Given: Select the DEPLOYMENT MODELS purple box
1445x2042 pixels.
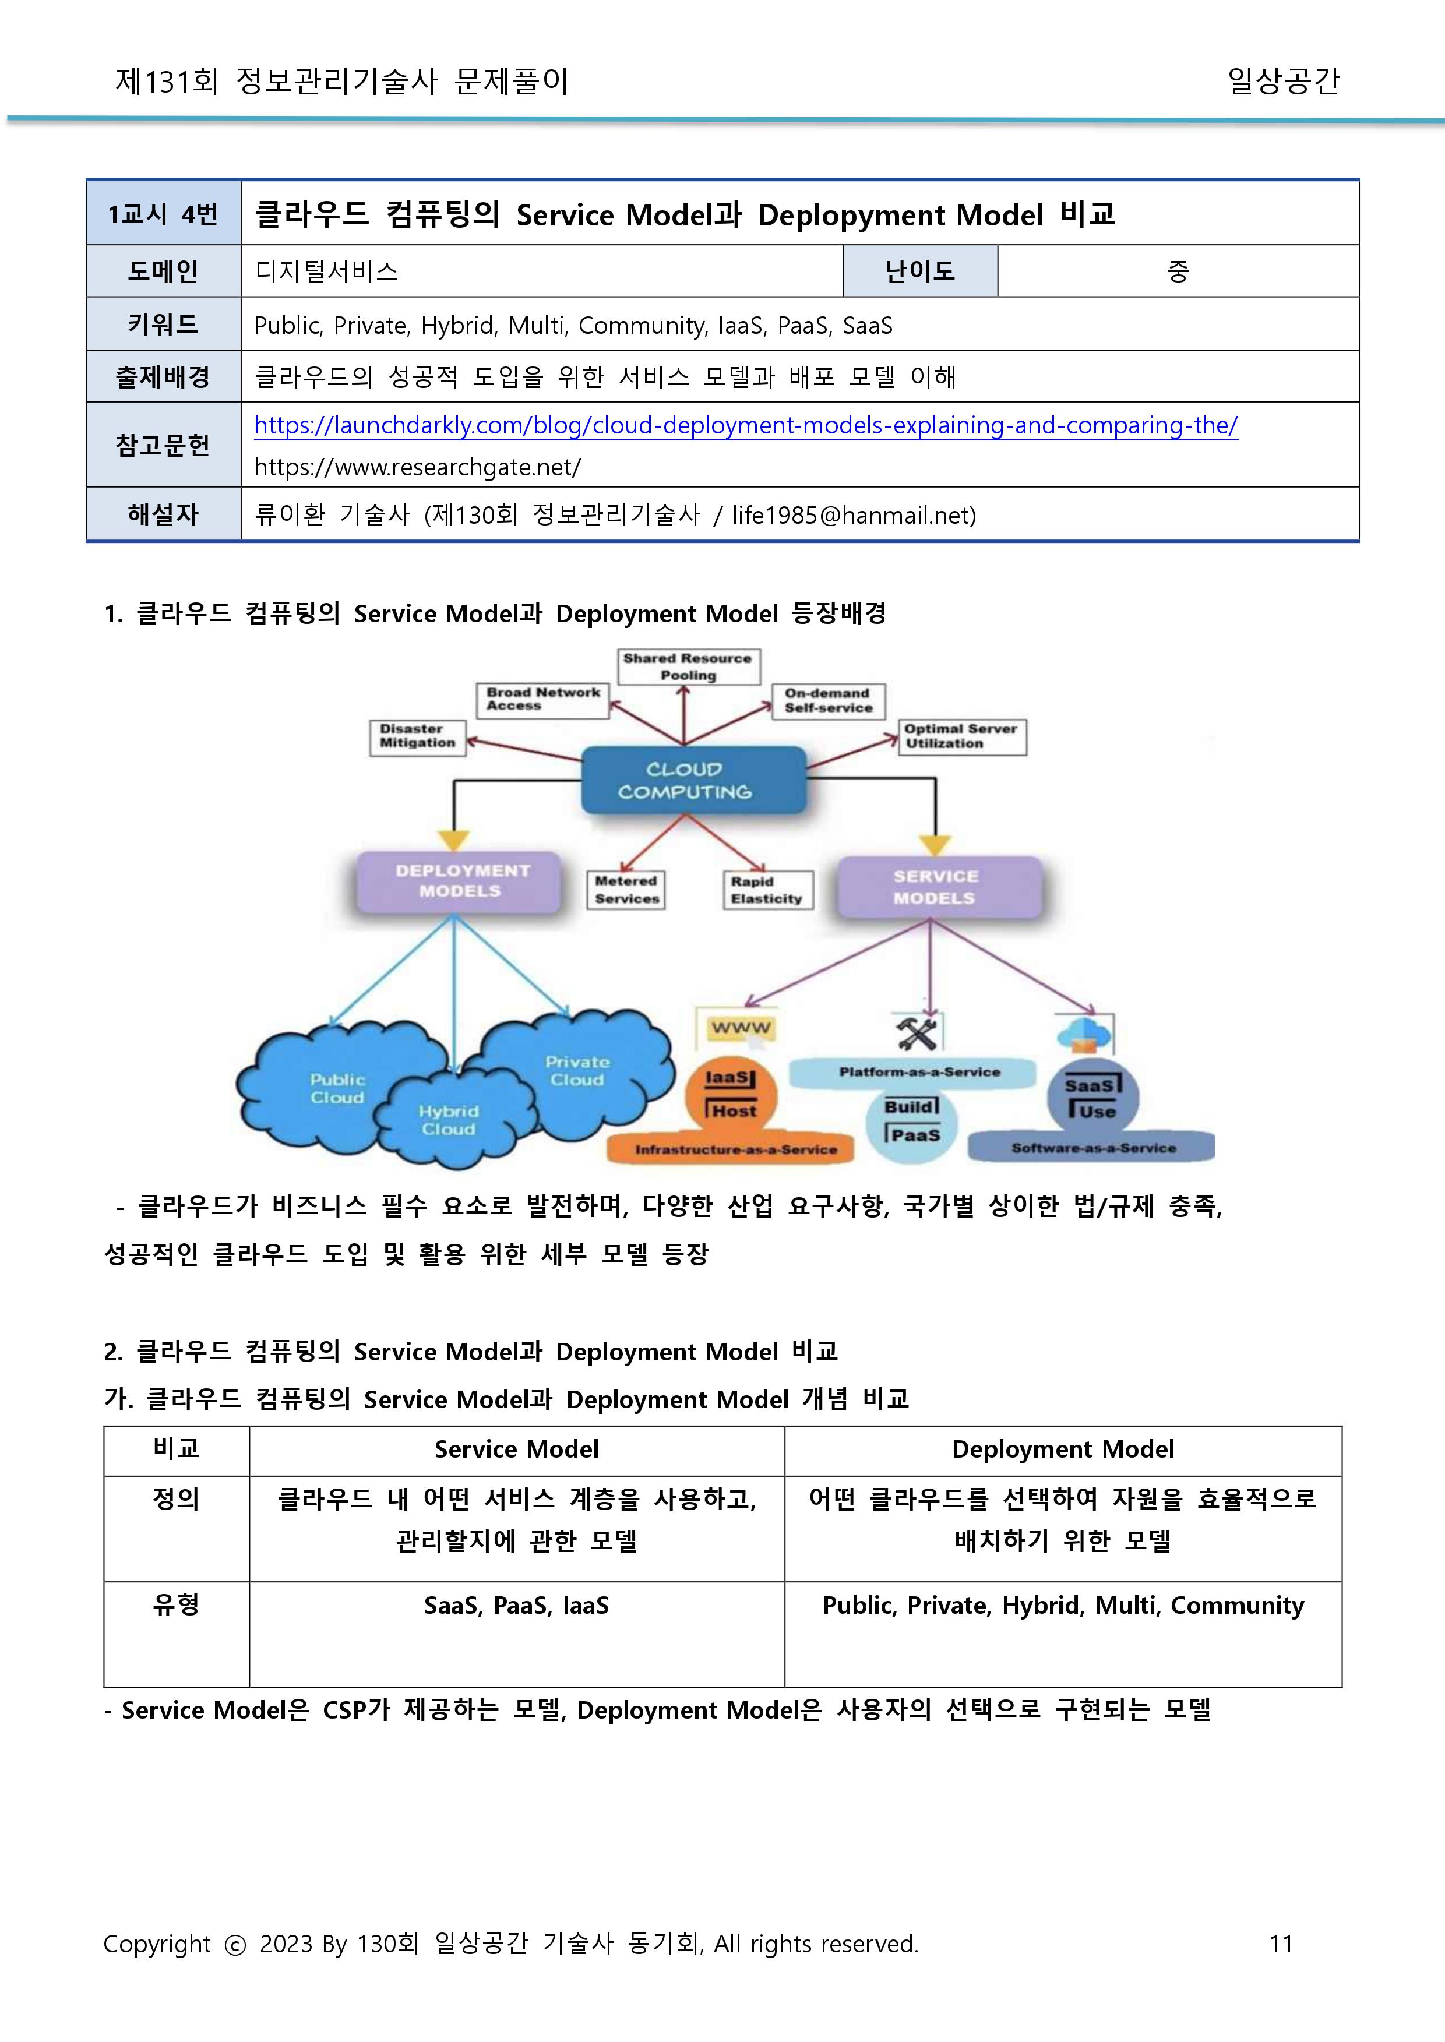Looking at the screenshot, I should coord(459,881).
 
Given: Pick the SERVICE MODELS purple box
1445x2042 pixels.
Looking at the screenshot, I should coord(938,887).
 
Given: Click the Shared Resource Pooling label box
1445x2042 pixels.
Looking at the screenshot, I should coord(688,666).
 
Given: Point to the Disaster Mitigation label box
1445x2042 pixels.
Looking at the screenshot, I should coord(417,737).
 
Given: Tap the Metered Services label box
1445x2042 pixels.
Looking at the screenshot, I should coord(626,890).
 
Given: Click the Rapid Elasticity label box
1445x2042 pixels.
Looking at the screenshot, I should coord(767,890).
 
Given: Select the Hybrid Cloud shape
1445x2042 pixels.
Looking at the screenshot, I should coord(449,1119).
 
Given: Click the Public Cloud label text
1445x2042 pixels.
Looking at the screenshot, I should coord(337,1088).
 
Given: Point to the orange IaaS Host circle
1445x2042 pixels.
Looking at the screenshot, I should coord(731,1097).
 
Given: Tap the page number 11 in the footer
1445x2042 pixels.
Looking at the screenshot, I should coord(1280,1944).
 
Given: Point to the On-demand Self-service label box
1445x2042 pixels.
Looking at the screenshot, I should coord(827,700).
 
